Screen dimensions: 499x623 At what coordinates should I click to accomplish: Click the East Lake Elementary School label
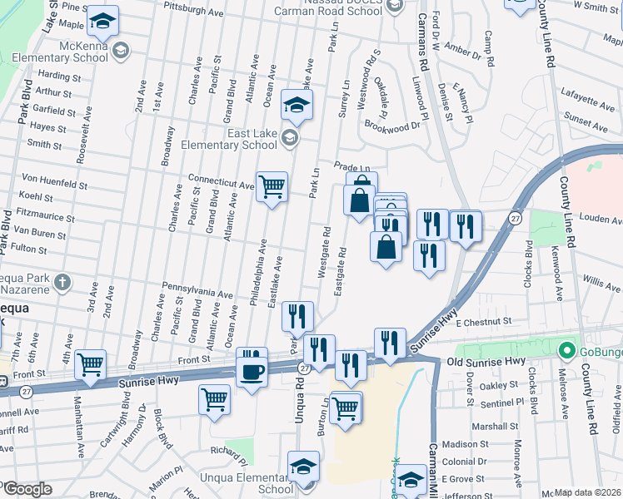click(x=237, y=138)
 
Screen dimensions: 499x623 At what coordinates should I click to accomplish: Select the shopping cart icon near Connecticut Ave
click(x=272, y=187)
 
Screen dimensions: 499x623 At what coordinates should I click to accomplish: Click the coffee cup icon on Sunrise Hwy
click(x=252, y=372)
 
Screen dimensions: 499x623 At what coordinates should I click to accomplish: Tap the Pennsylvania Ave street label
click(x=197, y=289)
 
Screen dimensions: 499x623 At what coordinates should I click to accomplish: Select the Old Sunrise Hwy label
click(x=486, y=361)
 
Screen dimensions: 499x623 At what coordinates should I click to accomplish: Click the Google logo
click(x=27, y=489)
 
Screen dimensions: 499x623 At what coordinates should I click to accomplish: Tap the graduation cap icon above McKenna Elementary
click(x=103, y=22)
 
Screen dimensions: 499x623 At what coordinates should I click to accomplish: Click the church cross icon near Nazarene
click(x=62, y=283)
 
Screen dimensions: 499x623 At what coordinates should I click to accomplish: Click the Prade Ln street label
click(x=351, y=166)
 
